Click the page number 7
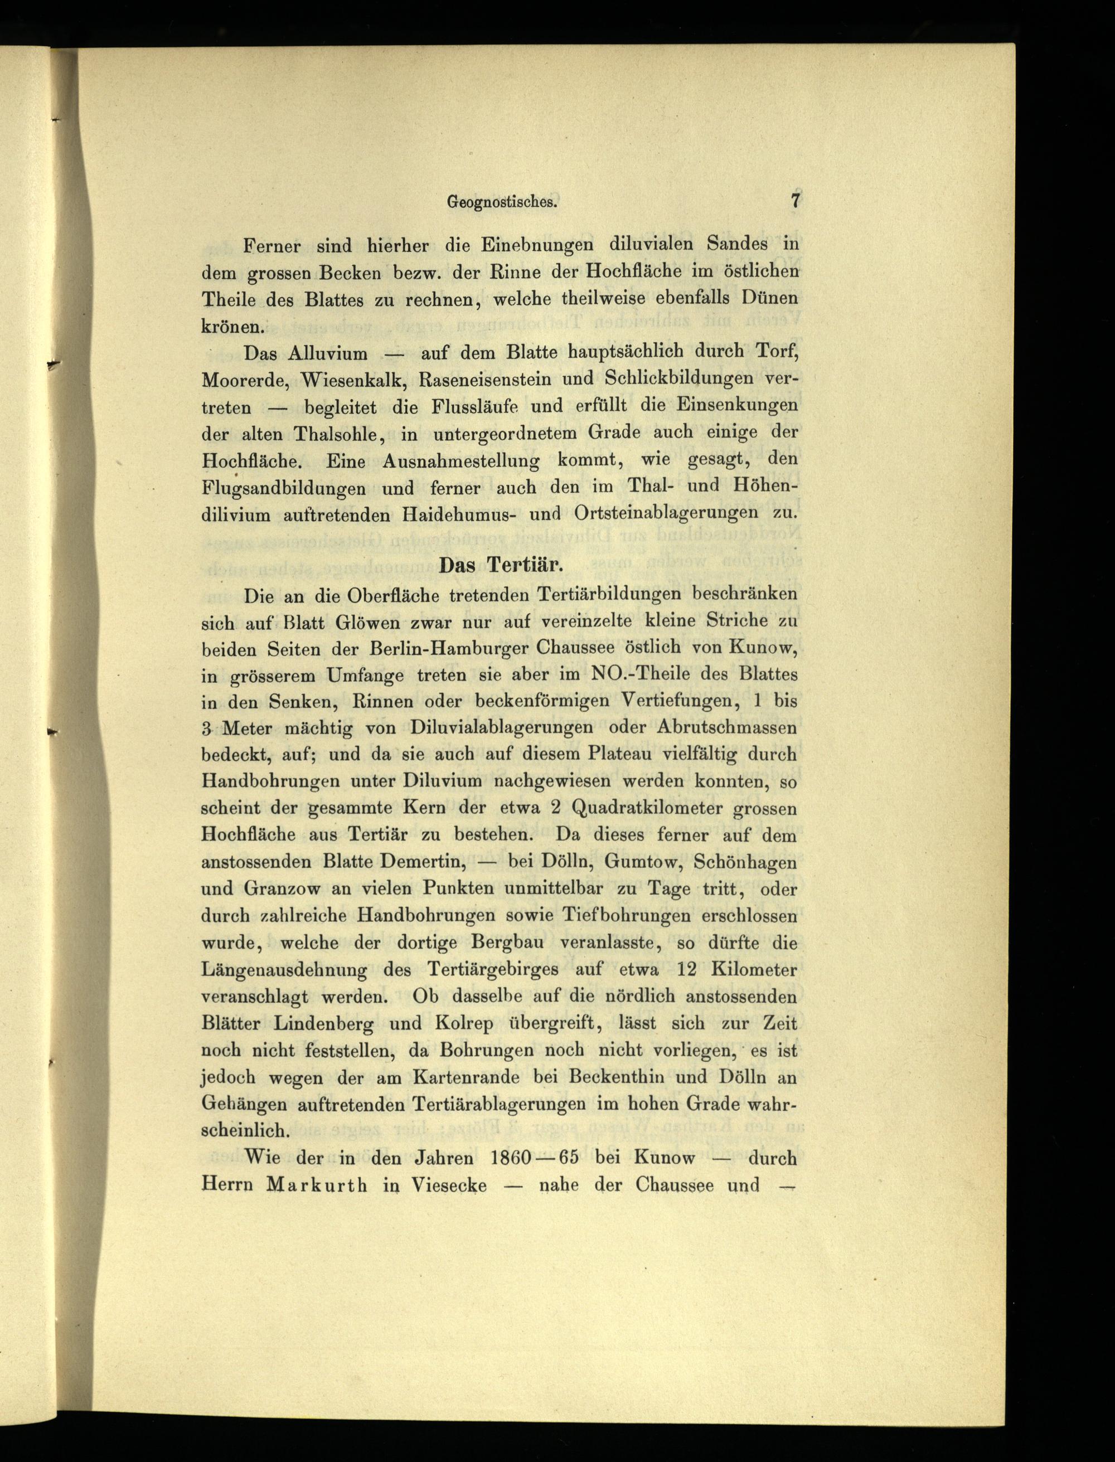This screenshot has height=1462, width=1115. (x=794, y=201)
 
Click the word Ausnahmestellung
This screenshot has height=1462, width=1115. (x=461, y=460)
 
